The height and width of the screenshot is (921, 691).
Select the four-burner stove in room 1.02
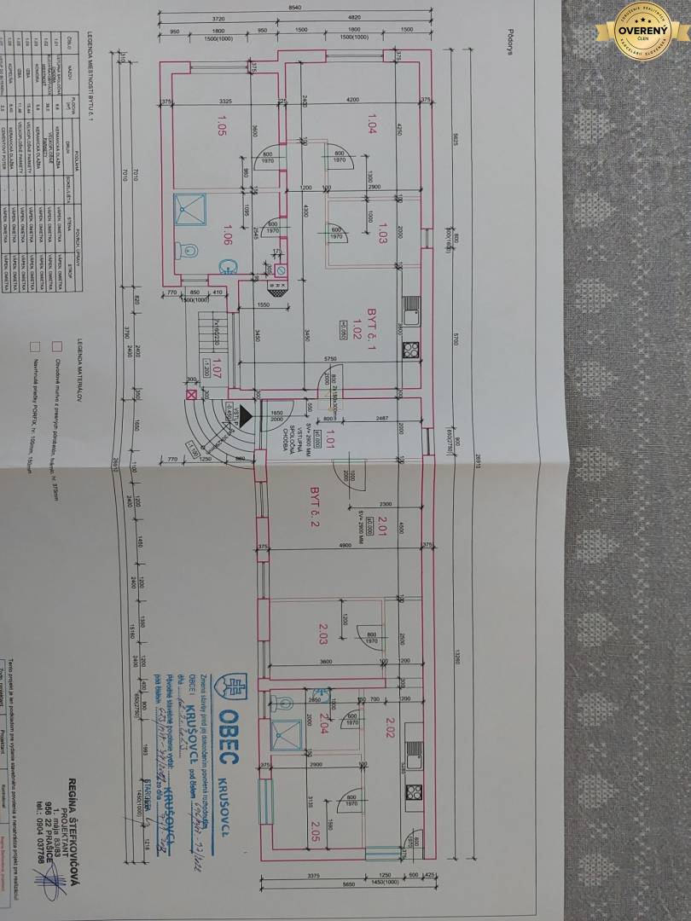click(x=409, y=348)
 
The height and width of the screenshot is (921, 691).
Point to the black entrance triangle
click(x=245, y=416)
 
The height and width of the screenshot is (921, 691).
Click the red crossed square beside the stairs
click(x=189, y=395)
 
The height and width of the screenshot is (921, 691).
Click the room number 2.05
click(x=313, y=826)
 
